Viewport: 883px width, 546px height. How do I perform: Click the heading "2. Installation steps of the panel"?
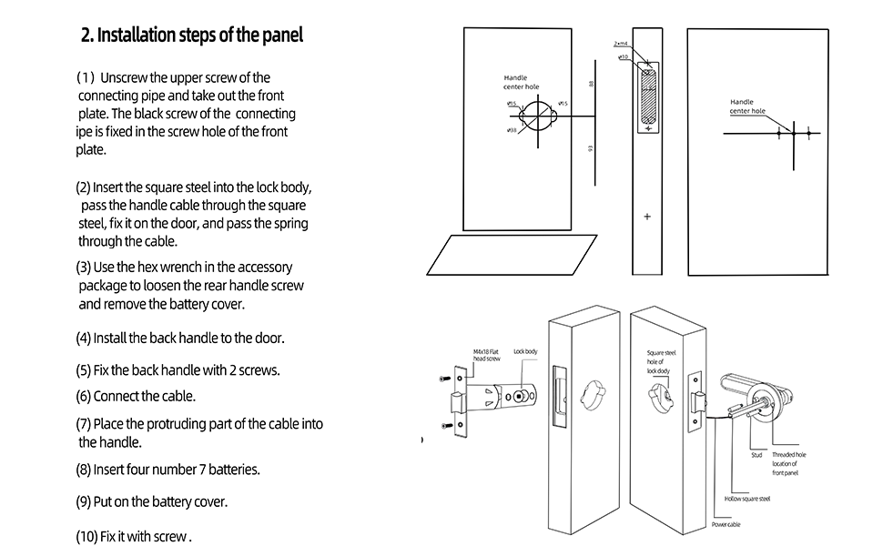click(191, 35)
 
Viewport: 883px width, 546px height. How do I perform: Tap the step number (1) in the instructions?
click(86, 78)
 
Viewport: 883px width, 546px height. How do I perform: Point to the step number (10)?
click(90, 536)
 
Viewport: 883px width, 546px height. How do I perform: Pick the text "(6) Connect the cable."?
click(136, 396)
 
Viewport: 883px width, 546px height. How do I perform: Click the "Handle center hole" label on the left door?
click(521, 82)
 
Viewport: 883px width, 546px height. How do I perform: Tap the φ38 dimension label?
click(513, 130)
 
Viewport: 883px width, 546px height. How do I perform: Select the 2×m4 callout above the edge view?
click(621, 43)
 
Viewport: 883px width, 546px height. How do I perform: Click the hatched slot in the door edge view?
click(646, 96)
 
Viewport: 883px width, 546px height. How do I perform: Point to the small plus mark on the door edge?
click(647, 217)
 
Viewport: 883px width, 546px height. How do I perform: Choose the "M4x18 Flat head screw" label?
click(486, 355)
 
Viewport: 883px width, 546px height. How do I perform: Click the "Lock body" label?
click(525, 351)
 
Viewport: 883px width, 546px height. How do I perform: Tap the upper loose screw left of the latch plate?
click(445, 378)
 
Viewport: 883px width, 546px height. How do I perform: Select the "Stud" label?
click(756, 455)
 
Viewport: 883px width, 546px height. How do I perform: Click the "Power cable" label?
click(726, 525)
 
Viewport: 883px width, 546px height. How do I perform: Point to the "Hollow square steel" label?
click(747, 499)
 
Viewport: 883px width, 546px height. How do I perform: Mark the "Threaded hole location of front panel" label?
click(788, 463)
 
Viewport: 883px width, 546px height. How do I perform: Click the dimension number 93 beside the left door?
click(593, 149)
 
